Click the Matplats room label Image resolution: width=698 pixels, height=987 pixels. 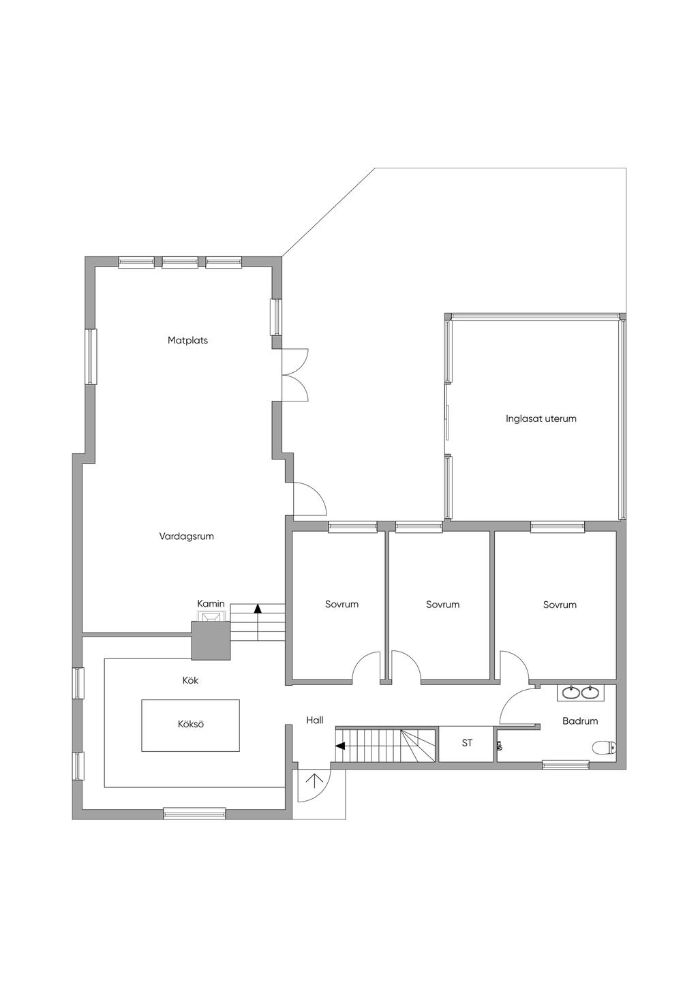[187, 341]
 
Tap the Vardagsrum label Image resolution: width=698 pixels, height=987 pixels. [186, 536]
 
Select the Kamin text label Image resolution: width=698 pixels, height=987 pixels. [211, 604]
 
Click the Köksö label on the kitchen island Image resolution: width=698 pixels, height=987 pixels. [191, 724]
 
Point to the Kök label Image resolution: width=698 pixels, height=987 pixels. [190, 680]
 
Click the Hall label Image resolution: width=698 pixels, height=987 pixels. [315, 720]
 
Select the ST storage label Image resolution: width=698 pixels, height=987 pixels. [467, 743]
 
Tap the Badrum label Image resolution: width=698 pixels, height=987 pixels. [580, 721]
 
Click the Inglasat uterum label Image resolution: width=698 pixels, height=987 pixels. [541, 419]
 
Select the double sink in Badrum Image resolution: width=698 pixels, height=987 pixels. [579, 693]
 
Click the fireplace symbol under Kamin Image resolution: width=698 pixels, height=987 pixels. [211, 616]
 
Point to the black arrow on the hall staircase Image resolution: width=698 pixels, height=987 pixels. [340, 746]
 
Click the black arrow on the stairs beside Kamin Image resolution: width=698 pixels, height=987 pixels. [258, 609]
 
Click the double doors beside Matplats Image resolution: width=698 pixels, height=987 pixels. [295, 375]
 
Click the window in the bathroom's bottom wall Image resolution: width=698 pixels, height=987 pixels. [565, 764]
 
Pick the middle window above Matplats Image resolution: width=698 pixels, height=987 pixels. [180, 262]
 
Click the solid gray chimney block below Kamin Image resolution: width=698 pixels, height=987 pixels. [211, 641]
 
